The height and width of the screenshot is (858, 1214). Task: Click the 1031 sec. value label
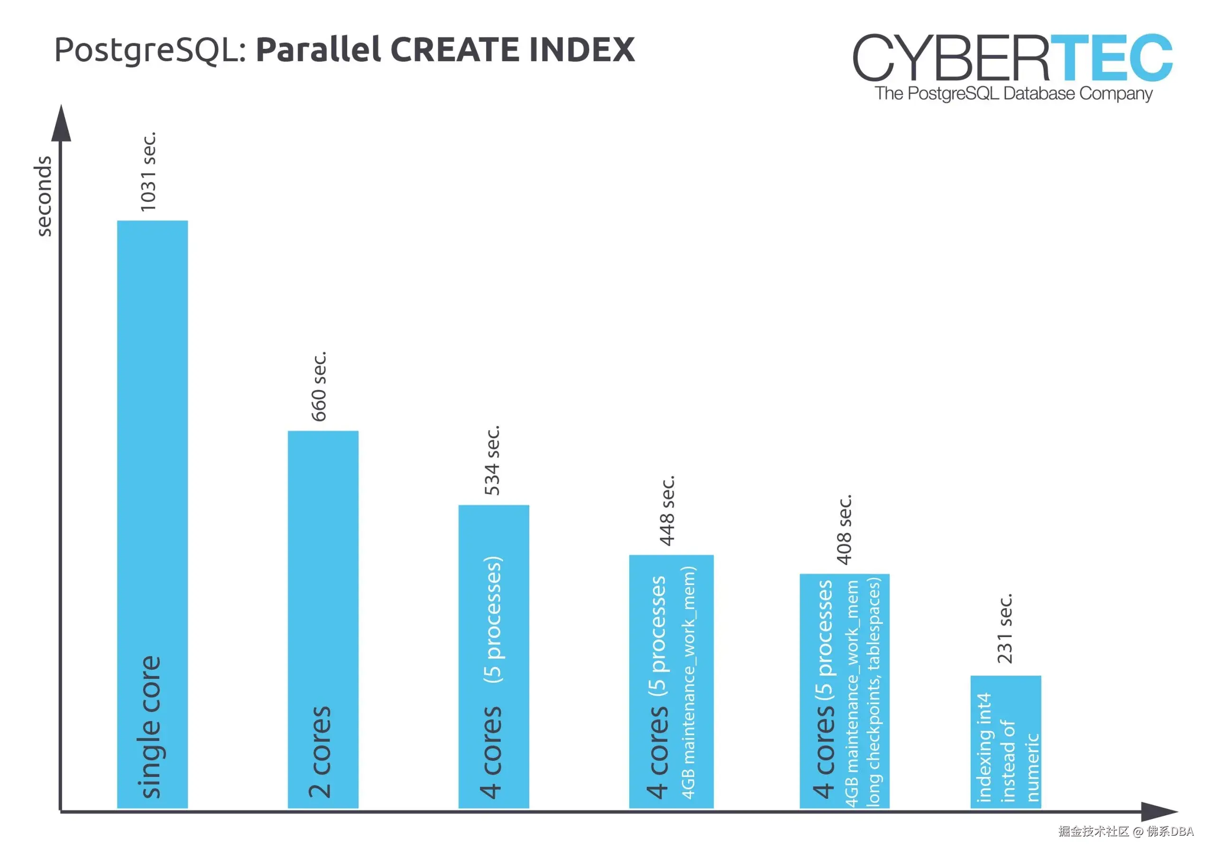(148, 172)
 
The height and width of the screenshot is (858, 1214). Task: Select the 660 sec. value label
(319, 386)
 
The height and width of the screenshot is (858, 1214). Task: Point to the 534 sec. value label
(492, 460)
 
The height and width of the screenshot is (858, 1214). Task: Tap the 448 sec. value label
(667, 511)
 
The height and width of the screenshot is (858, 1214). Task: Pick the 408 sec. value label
(844, 529)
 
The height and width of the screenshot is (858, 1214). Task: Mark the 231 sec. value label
(1004, 629)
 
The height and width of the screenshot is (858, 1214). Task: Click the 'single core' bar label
(151, 727)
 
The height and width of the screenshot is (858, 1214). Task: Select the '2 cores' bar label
(320, 752)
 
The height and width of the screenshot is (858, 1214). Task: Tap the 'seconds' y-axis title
(43, 196)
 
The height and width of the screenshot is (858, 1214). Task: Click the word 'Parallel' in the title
(318, 50)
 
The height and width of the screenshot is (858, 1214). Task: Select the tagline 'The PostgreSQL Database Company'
(1013, 93)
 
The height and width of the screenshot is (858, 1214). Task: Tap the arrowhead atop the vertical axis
(61, 124)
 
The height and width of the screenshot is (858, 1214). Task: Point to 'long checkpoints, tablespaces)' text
(874, 693)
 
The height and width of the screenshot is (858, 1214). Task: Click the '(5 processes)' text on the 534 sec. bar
(493, 619)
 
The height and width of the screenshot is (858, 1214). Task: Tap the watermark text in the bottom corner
(1126, 831)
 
